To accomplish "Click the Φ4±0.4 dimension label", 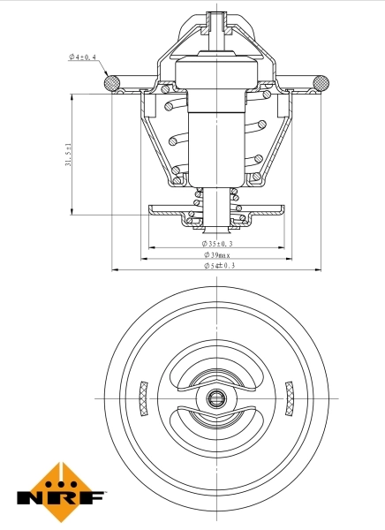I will click(x=84, y=57).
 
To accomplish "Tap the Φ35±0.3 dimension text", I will click(x=215, y=243).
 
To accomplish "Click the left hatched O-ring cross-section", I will click(x=112, y=83).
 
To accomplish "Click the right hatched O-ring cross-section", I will click(x=319, y=83).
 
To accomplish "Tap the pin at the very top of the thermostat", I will click(x=215, y=19).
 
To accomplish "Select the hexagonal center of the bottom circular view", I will click(x=215, y=397).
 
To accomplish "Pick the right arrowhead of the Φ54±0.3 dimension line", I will click(x=316, y=269).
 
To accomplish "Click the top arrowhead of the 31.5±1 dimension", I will click(x=71, y=95).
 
